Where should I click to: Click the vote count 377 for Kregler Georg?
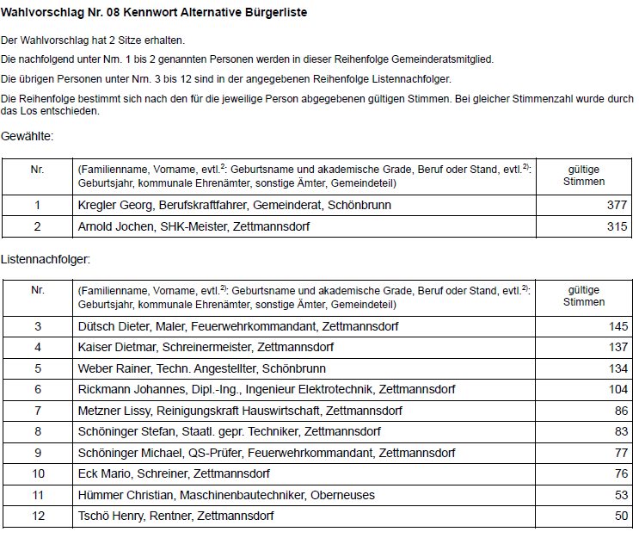tap(617, 206)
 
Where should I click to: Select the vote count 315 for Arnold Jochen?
tap(617, 226)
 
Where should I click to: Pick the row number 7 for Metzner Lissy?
tap(37, 411)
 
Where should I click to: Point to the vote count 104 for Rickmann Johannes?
tap(617, 390)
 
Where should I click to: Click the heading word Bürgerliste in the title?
tap(275, 14)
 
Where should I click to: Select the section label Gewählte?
tap(27, 137)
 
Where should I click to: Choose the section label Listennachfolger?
tap(45, 258)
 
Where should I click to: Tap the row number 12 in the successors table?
tap(37, 516)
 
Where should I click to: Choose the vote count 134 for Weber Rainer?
tap(617, 369)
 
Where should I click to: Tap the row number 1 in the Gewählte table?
tap(37, 206)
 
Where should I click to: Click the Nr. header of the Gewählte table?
tap(37, 170)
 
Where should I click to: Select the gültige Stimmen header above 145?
tap(585, 295)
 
